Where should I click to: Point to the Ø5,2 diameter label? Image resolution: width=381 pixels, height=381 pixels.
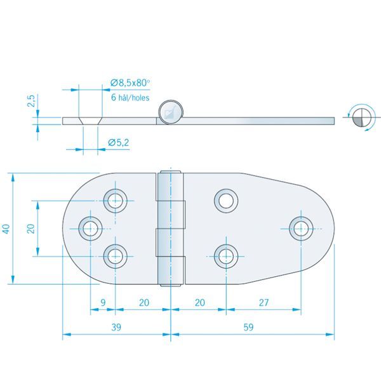[119, 143]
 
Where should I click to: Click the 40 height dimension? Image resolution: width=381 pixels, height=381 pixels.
[6, 229]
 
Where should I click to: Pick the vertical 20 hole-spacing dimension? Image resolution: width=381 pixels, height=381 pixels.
[30, 228]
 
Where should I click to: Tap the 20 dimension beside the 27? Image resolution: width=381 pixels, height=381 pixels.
[199, 304]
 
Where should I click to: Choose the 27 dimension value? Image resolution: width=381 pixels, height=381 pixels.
[264, 304]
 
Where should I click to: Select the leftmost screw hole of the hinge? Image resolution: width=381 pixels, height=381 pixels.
[90, 228]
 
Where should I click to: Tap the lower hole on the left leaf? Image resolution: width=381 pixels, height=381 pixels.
[115, 255]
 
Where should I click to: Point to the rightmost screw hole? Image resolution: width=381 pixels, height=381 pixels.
[300, 228]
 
